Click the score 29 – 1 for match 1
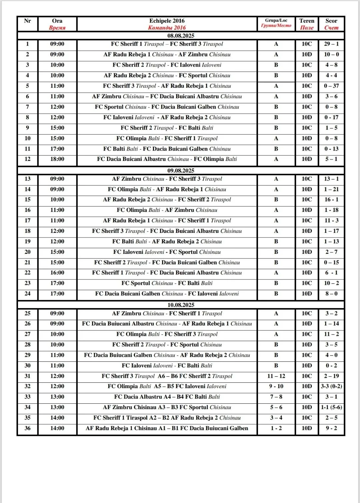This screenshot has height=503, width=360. tap(331, 44)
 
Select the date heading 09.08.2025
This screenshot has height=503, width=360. tap(181, 171)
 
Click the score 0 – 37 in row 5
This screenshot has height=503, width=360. tap(331, 86)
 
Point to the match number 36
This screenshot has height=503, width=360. tap(28, 428)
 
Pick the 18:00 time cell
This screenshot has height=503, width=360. tap(57, 159)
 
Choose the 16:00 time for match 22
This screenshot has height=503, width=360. tap(57, 273)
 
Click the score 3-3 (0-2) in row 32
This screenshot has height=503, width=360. tap(331, 386)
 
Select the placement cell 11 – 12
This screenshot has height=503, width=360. tap(276, 376)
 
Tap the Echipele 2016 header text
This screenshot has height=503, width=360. tap(167, 21)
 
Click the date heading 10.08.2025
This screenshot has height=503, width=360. tap(181, 305)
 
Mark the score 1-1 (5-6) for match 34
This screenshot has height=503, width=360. tap(331, 407)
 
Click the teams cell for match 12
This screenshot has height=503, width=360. tap(167, 159)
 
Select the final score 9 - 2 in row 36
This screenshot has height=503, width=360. tap(331, 428)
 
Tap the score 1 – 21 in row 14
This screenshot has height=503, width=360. tap(331, 189)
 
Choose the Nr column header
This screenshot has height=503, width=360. tap(28, 21)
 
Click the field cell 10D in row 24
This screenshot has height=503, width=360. tap(307, 294)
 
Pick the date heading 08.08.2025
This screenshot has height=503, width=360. tap(181, 36)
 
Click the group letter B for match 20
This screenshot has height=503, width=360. tap(276, 252)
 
